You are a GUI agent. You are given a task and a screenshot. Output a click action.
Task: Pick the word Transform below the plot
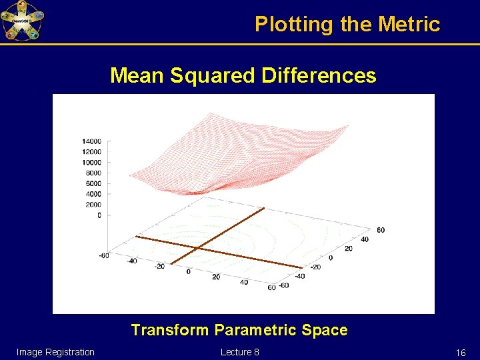tap(170, 330)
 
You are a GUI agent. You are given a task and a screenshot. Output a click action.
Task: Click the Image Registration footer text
tap(55, 352)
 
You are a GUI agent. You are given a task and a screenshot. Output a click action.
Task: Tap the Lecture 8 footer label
tap(239, 352)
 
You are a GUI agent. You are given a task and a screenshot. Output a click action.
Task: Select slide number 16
tap(460, 353)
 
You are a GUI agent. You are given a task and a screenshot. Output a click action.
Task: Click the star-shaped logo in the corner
tap(22, 21)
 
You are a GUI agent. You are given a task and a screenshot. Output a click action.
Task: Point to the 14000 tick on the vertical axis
tap(91, 141)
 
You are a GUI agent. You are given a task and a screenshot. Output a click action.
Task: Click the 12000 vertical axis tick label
tap(91, 152)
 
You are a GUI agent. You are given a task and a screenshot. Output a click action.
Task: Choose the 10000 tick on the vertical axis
tap(91, 162)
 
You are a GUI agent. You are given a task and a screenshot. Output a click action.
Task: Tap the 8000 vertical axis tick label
tap(93, 173)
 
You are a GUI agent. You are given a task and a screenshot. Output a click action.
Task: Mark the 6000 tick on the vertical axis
tap(93, 183)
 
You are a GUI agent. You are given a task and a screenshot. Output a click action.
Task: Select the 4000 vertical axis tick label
tap(93, 194)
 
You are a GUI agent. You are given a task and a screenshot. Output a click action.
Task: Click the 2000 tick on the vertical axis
tap(93, 205)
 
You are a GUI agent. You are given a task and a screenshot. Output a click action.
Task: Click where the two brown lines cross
tap(197, 249)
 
